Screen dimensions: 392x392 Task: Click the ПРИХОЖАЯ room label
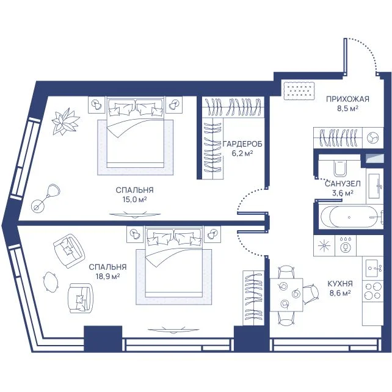[x=347, y=99]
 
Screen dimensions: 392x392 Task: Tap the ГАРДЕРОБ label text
[x=242, y=144]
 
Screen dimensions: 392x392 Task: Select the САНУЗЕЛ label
[x=343, y=184]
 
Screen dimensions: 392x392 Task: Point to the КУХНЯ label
[x=340, y=284]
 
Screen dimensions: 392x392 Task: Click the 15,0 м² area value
[x=134, y=200]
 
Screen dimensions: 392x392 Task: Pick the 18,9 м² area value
[x=107, y=277]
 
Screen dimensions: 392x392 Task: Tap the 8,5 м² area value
[x=348, y=109]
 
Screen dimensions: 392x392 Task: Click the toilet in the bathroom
[x=340, y=168]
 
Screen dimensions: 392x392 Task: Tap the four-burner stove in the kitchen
[x=372, y=291]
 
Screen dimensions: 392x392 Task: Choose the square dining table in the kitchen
[x=286, y=294]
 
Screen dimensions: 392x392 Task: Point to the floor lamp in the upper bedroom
[x=46, y=197]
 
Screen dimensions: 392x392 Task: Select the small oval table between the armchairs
[x=51, y=281]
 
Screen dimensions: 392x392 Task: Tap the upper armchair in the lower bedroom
[x=68, y=251]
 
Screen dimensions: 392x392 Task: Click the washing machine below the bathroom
[x=346, y=245]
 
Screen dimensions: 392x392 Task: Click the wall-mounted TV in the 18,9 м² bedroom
[x=173, y=330]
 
